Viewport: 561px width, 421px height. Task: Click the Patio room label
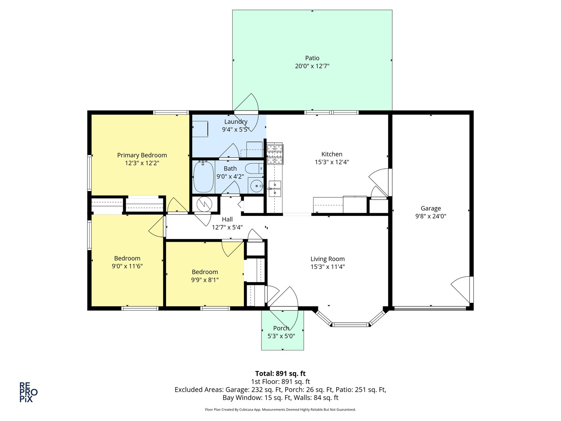click(312, 58)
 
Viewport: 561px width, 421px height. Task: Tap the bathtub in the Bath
click(204, 177)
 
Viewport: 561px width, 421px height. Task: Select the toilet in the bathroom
click(254, 169)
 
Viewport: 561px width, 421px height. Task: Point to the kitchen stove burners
click(275, 154)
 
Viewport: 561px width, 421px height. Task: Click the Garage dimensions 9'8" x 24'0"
click(430, 216)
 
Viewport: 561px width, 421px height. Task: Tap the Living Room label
click(327, 259)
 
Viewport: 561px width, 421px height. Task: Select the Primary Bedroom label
click(142, 155)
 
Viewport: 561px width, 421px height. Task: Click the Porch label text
click(281, 328)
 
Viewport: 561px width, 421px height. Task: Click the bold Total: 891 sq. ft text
click(280, 373)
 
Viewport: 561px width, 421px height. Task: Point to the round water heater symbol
click(204, 204)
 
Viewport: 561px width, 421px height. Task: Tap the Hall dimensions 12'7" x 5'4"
click(227, 227)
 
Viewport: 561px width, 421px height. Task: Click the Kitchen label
click(332, 154)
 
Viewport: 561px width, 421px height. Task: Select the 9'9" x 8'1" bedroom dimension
click(205, 280)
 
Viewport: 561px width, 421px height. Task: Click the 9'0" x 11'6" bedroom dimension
click(127, 266)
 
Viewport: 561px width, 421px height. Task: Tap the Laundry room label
click(236, 122)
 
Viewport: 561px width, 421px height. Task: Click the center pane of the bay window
click(350, 325)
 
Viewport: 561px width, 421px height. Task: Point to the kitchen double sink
click(275, 189)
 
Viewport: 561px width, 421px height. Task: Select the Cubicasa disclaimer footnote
click(280, 409)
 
